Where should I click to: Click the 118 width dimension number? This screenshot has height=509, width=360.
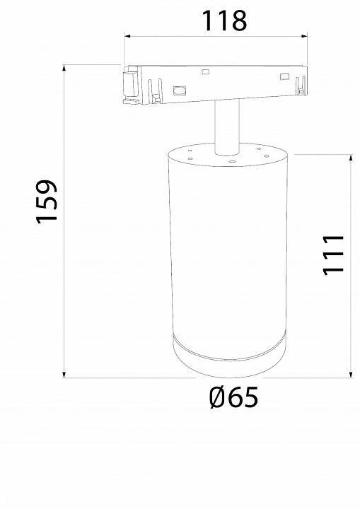click(224, 21)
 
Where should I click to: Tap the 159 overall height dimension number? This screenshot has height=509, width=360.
click(47, 201)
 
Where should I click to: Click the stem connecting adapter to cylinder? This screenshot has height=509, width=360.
click(226, 127)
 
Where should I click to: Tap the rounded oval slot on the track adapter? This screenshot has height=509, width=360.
click(178, 90)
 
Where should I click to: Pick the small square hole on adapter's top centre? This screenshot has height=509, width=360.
click(206, 71)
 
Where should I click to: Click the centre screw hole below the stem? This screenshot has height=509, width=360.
click(231, 161)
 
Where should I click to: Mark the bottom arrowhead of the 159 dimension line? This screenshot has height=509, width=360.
click(65, 374)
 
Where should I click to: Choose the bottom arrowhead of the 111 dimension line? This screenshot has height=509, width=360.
click(351, 374)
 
